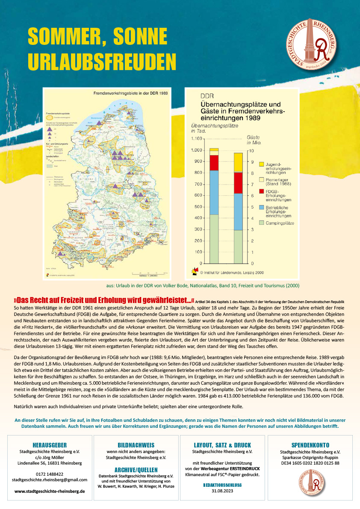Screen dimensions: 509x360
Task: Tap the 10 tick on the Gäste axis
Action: [x=251, y=150]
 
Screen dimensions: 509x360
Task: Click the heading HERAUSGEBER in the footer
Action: [x=49, y=445]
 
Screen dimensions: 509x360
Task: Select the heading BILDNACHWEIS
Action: [x=136, y=445]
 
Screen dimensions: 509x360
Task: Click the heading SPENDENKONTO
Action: [x=310, y=445]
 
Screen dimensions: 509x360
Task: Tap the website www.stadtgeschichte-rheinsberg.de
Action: [x=49, y=491]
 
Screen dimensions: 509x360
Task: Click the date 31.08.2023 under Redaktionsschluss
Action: [x=222, y=491]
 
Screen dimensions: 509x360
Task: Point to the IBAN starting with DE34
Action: [x=310, y=463]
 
